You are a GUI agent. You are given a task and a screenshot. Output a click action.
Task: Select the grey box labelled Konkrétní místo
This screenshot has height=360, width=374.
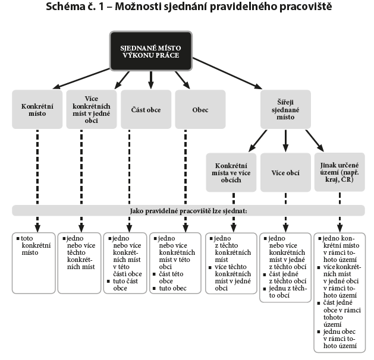click(x=37, y=109)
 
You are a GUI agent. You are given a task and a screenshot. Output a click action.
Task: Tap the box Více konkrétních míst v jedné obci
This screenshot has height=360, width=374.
click(x=91, y=109)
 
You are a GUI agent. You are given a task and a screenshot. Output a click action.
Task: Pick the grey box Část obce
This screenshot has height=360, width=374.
click(x=145, y=110)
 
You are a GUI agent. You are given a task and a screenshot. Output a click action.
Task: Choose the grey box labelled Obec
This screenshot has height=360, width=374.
click(x=200, y=110)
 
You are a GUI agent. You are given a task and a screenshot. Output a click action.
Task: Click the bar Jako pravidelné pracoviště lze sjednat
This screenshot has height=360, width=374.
click(x=188, y=210)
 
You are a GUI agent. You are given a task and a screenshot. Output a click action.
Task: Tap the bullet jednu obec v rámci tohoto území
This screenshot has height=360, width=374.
click(x=341, y=338)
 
